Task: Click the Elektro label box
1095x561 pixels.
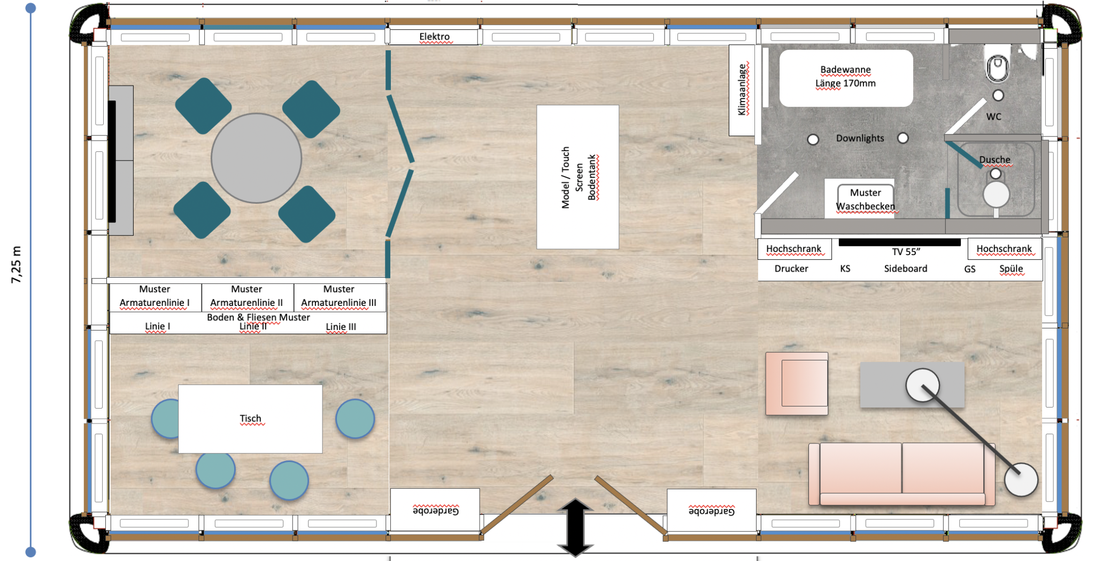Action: (x=434, y=37)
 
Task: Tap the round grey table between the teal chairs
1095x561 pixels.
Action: (x=256, y=158)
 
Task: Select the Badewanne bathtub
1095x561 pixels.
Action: (x=845, y=78)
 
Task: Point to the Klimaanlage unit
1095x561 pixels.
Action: (x=742, y=90)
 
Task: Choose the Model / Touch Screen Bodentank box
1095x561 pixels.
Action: (x=577, y=177)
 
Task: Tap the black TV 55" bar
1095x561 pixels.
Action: (x=899, y=242)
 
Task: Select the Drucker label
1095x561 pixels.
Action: (x=791, y=268)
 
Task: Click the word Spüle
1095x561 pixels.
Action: (x=1011, y=268)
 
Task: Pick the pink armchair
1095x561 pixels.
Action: (x=797, y=383)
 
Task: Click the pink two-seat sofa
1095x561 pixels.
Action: (x=901, y=474)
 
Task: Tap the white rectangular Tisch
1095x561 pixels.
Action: (x=250, y=419)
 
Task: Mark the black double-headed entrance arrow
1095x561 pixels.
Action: (x=575, y=527)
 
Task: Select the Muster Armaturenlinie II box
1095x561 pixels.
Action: (x=247, y=296)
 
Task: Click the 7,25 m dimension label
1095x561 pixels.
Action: (x=17, y=265)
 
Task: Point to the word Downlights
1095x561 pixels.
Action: (x=860, y=138)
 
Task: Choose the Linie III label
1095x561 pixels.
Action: (x=341, y=327)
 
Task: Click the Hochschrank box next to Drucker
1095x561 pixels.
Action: (x=794, y=249)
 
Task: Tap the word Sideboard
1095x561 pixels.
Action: (x=905, y=268)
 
